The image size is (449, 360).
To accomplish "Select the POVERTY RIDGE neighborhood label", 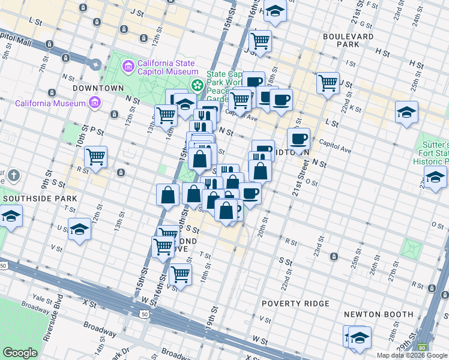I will pyautogui.click(x=295, y=304).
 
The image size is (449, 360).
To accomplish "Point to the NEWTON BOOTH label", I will pyautogui.click(x=379, y=314).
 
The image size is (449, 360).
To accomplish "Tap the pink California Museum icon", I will pyautogui.click(x=94, y=103).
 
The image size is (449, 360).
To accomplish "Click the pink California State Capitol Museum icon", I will pyautogui.click(x=128, y=65).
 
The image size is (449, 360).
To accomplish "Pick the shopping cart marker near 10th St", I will pyautogui.click(x=95, y=157).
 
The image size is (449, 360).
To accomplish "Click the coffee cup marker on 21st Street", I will pyautogui.click(x=298, y=139).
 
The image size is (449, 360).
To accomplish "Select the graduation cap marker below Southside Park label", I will pyautogui.click(x=11, y=216).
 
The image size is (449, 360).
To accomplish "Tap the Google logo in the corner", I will pyautogui.click(x=20, y=353).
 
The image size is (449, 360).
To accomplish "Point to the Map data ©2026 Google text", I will pyautogui.click(x=412, y=355).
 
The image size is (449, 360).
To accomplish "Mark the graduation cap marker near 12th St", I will pyautogui.click(x=79, y=229).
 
